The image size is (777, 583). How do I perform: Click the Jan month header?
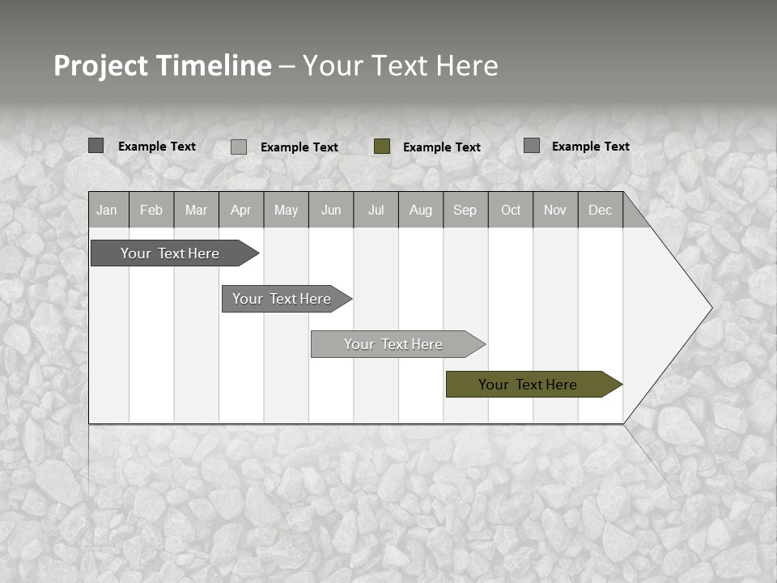(107, 210)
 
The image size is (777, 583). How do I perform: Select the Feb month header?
(151, 210)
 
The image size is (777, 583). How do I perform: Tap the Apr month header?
(241, 210)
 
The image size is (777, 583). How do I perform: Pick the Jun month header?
(331, 210)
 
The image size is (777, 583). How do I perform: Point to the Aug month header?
(421, 210)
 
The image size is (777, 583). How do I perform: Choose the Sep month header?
(465, 210)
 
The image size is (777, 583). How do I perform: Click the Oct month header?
(511, 210)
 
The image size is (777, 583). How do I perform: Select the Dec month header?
(601, 210)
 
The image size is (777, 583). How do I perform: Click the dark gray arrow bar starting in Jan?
(170, 253)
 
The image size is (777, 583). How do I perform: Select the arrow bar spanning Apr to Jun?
(282, 299)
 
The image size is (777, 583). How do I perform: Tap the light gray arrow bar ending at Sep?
(393, 344)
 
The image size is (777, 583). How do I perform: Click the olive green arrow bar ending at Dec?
(528, 385)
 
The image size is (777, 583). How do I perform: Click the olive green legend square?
(382, 147)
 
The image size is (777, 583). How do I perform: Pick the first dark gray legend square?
(96, 146)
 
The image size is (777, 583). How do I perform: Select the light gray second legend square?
(239, 147)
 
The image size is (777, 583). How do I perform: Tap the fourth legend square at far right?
(532, 146)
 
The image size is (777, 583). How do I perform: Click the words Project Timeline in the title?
(163, 66)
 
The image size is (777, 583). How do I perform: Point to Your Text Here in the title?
(400, 66)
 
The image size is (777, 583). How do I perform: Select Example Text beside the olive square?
(442, 147)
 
